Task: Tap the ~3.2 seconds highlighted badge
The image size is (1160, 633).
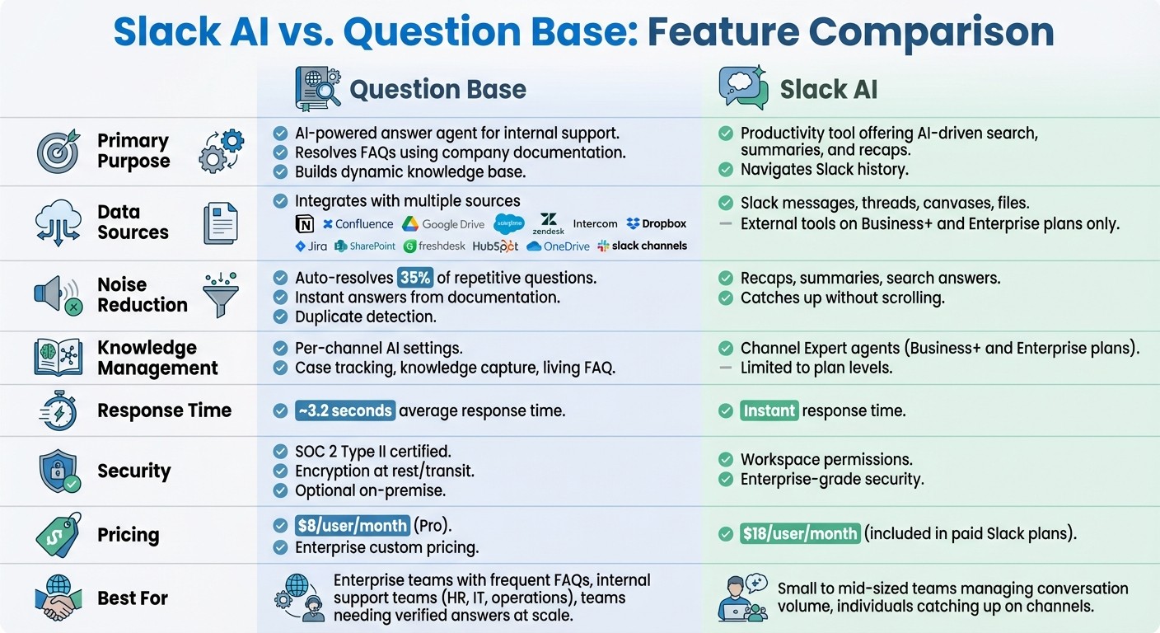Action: (345, 410)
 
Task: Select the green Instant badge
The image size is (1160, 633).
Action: (769, 410)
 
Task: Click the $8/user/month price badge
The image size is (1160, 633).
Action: (353, 526)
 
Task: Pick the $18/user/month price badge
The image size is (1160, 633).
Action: (800, 533)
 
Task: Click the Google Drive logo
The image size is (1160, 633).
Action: (443, 224)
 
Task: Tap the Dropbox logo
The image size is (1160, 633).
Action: (656, 223)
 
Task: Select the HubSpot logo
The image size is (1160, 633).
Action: (495, 246)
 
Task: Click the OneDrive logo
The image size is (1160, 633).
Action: (558, 246)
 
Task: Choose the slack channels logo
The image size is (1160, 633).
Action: (642, 246)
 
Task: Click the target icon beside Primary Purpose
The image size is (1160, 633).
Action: (58, 151)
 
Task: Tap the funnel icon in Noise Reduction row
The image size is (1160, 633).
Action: (220, 294)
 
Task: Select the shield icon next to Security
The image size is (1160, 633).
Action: (59, 471)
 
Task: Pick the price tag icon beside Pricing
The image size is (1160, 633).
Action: (58, 535)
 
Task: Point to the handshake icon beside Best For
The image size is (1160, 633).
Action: (58, 598)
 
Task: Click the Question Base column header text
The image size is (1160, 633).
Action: (437, 89)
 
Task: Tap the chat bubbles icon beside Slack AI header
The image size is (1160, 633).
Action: (743, 87)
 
